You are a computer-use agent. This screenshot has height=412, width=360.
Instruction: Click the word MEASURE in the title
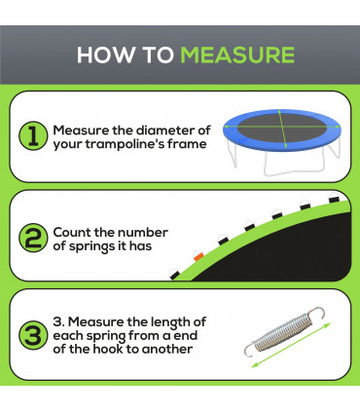(x=237, y=55)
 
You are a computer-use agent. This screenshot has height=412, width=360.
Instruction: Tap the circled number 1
(x=32, y=137)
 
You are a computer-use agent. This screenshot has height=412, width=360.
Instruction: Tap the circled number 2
(x=32, y=240)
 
